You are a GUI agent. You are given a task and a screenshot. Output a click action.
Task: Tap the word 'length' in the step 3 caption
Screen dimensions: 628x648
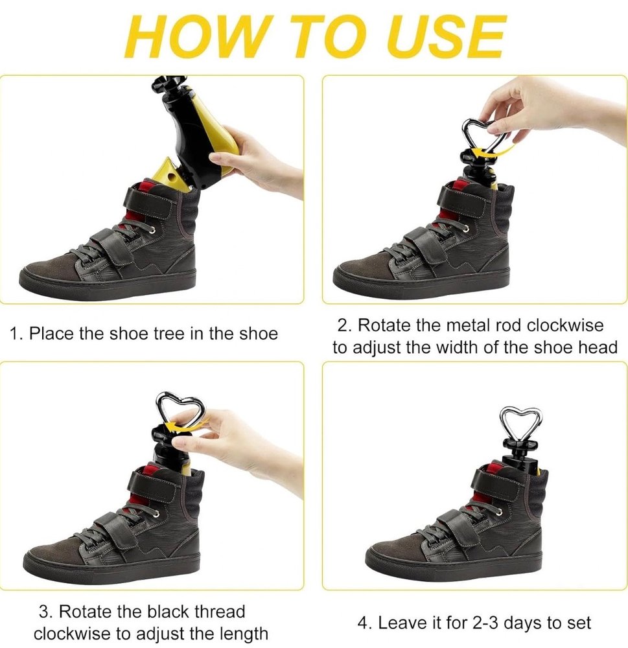243,633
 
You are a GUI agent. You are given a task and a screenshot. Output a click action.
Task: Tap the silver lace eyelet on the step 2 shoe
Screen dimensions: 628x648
467,229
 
